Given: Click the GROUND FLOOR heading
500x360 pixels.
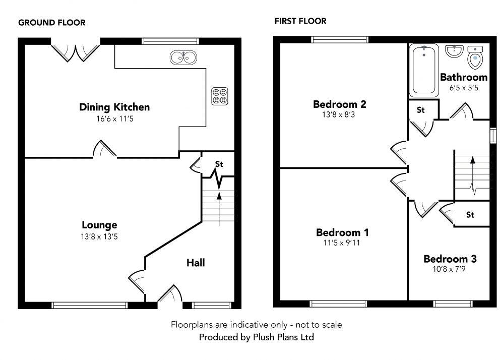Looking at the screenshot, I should tap(51, 23).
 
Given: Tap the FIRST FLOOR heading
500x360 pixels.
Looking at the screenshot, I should tap(300, 21).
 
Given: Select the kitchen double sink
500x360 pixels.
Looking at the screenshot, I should tap(183, 58).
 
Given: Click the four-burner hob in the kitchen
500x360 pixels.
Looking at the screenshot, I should tap(219, 96).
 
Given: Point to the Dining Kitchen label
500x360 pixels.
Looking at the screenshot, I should tap(114, 107).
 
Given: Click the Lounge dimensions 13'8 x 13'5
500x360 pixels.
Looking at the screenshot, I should tap(100, 235).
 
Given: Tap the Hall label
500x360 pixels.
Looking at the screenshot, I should tap(196, 263).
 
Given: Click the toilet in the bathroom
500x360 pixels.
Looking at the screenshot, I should tap(475, 58).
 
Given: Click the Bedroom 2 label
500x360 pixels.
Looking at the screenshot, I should tap(339, 104).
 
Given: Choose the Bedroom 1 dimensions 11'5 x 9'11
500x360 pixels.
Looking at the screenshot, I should tap(342, 243).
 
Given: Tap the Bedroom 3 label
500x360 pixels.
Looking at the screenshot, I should tap(450, 259).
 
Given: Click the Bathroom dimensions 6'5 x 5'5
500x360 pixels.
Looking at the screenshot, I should tap(463, 88).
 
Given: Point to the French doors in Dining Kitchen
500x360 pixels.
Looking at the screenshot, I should tap(76, 52).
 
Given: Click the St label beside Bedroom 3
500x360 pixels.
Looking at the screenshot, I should tap(470, 215).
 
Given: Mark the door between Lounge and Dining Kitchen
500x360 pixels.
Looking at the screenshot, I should tap(104, 150).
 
